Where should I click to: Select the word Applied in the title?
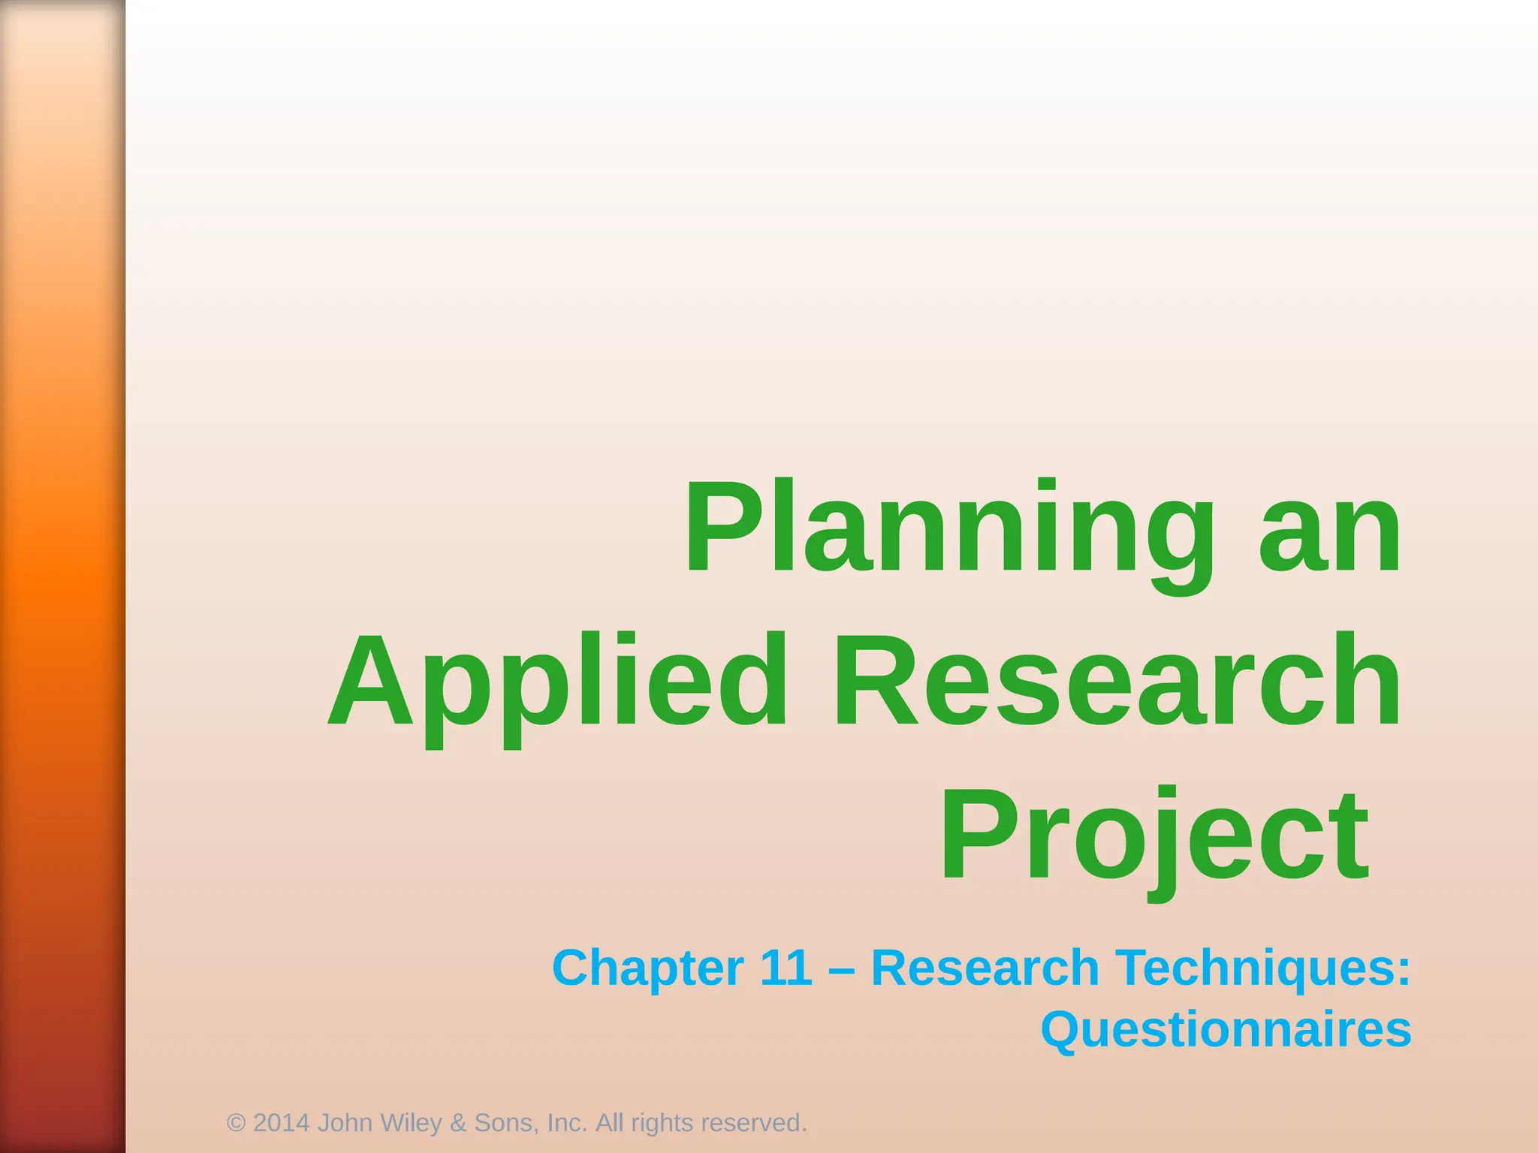tap(559, 683)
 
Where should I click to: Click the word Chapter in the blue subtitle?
tap(647, 968)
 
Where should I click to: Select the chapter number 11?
tap(786, 968)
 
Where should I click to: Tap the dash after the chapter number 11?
tap(842, 969)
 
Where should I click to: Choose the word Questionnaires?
tap(1226, 1030)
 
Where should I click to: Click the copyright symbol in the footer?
tap(236, 1123)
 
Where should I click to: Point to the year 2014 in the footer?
tap(282, 1123)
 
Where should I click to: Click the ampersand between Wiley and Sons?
tap(458, 1123)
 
